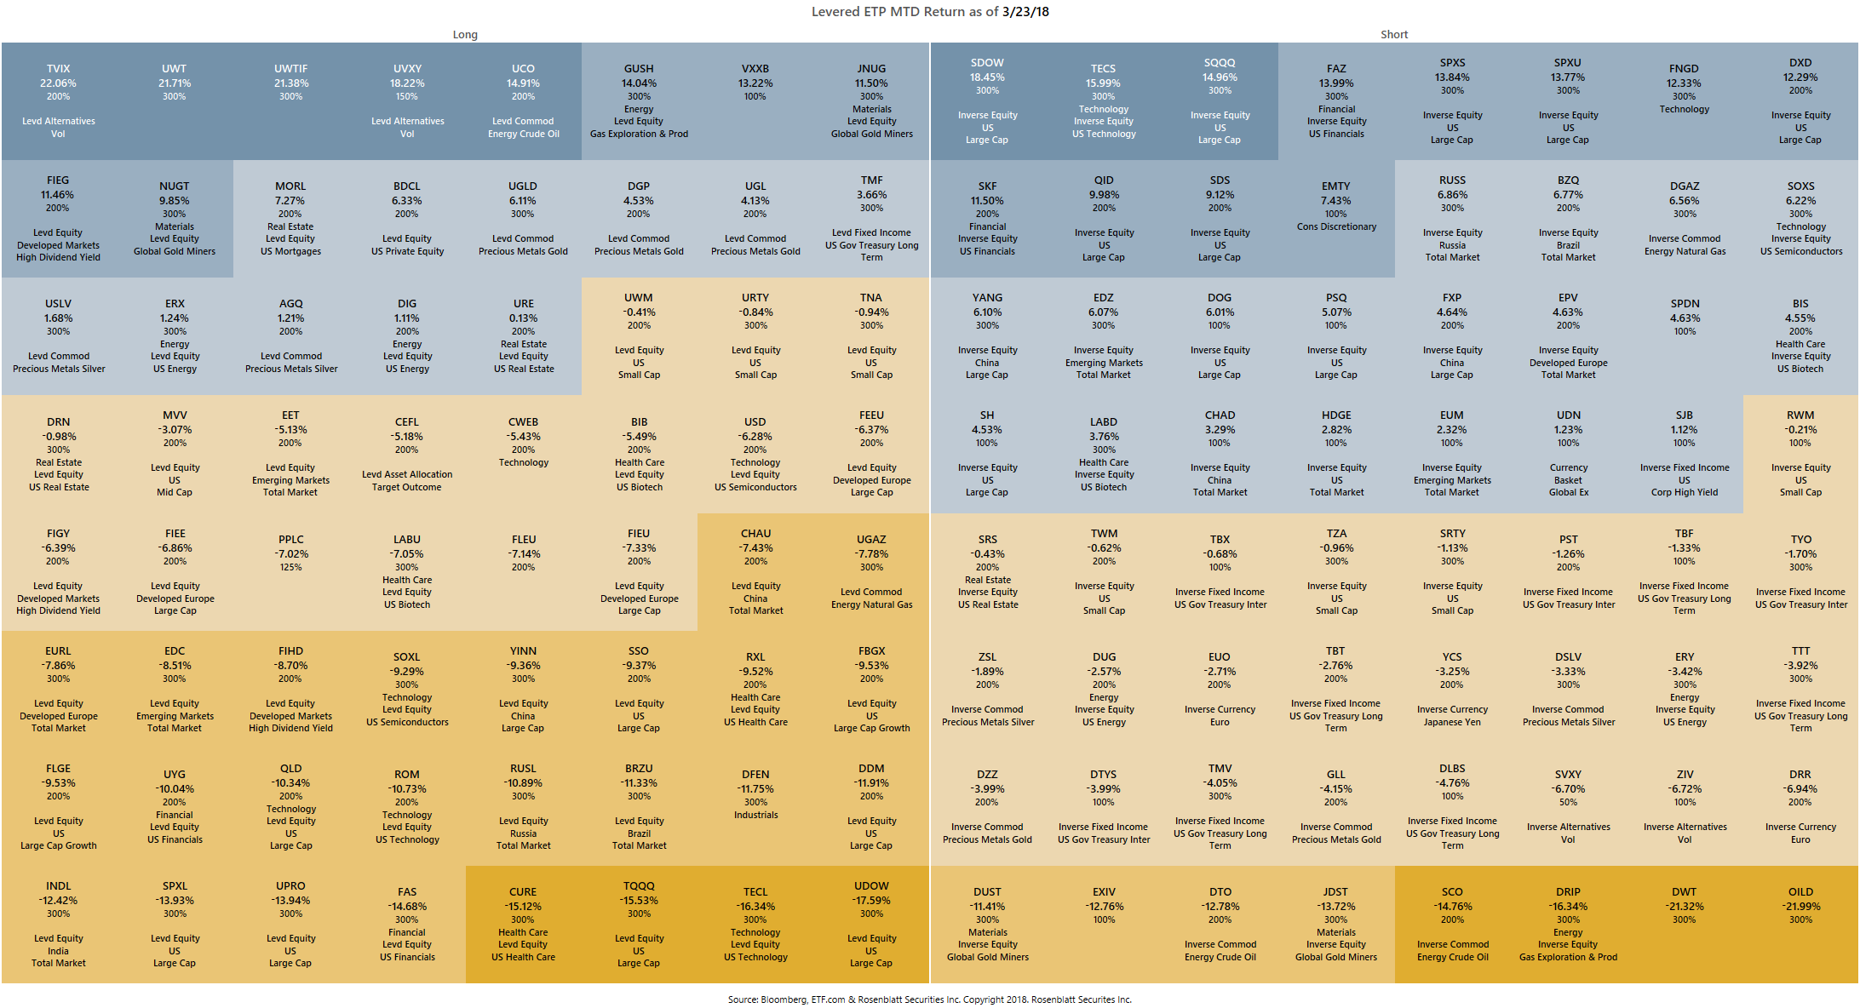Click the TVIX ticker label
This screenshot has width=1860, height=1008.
(x=58, y=69)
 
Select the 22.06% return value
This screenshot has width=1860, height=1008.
(x=58, y=83)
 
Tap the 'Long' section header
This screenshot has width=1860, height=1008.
(x=465, y=35)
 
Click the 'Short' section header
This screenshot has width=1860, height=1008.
(x=1394, y=35)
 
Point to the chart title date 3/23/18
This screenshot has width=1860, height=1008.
(x=1025, y=12)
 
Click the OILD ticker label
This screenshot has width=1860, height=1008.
(x=1800, y=892)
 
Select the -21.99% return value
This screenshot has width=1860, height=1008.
(x=1800, y=907)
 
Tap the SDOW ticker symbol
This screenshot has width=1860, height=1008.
(x=987, y=63)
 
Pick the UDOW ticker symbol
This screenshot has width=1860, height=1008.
(x=871, y=886)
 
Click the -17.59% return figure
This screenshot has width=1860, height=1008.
(x=871, y=901)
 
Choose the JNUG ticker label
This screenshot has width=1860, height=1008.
(x=871, y=69)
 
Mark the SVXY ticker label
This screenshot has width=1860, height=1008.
(x=1568, y=775)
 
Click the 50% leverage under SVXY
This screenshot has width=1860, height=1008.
(x=1568, y=802)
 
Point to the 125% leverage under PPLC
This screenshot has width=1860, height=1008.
(x=290, y=567)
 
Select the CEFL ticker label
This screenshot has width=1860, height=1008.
(x=407, y=422)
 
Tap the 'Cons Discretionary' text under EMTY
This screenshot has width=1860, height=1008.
(x=1336, y=226)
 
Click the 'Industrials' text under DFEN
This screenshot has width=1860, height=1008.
(x=755, y=815)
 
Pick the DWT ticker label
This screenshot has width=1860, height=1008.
(x=1684, y=892)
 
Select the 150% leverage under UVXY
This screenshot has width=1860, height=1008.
(x=407, y=96)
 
